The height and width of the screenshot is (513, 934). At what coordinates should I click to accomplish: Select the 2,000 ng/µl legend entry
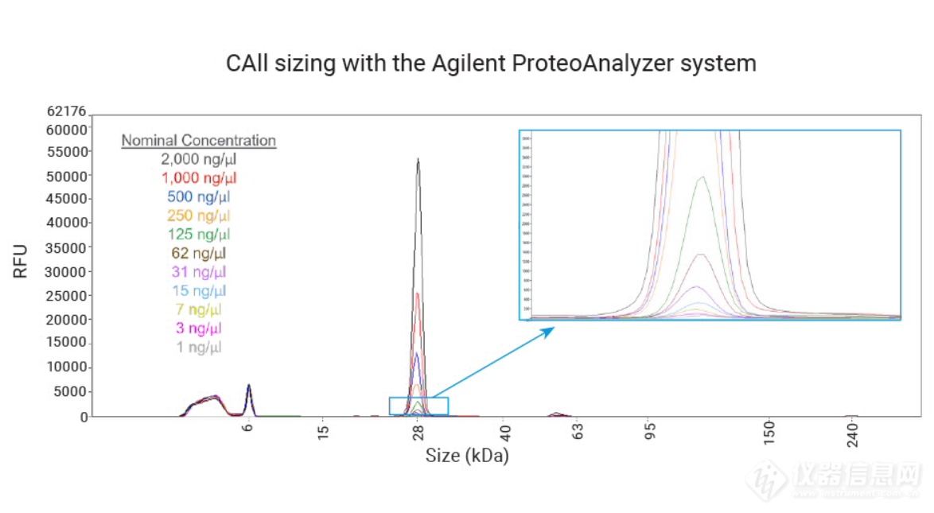[198, 159]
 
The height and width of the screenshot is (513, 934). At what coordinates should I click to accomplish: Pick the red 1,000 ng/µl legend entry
[198, 178]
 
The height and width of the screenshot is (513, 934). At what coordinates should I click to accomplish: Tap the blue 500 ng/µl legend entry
[198, 196]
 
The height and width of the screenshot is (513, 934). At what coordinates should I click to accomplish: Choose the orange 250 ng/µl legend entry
[198, 216]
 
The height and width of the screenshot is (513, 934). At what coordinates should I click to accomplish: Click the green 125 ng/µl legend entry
[198, 235]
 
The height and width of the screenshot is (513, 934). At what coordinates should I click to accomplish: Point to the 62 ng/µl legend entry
[198, 253]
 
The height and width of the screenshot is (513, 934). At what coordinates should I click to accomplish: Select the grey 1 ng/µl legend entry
[198, 347]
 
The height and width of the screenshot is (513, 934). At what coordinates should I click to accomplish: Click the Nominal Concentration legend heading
[198, 141]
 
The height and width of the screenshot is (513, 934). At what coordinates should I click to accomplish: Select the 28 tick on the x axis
[418, 432]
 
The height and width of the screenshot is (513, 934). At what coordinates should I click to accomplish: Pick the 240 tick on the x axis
[850, 434]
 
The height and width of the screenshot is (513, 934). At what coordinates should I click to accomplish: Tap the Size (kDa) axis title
[467, 456]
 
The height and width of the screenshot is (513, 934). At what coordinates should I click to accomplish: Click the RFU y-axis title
[21, 261]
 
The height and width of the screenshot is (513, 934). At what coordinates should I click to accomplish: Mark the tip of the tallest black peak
[418, 159]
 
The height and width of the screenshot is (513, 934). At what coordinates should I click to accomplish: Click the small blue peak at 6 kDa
[248, 386]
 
